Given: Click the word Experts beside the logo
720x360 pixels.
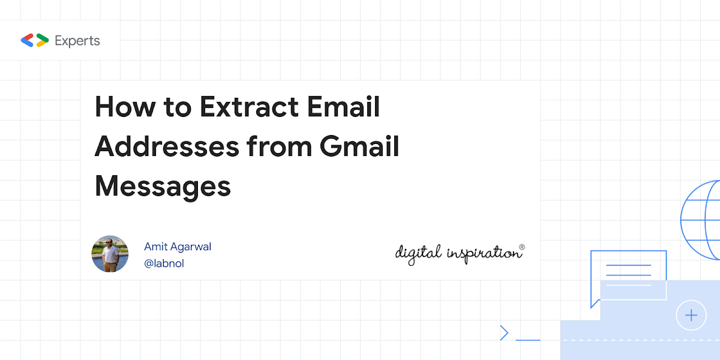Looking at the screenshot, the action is click(x=77, y=41).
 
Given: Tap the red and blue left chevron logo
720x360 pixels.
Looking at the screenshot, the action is click(x=28, y=40).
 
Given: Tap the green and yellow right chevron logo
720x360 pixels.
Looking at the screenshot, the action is click(x=43, y=40).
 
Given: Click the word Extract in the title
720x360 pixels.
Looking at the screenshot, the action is click(x=249, y=107).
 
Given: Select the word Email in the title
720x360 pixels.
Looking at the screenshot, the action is click(x=343, y=106).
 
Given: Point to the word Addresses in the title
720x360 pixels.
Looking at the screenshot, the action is click(x=167, y=146).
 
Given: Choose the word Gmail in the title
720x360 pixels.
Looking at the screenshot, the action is click(x=359, y=146).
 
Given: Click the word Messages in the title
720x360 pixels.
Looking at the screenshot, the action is click(x=163, y=187).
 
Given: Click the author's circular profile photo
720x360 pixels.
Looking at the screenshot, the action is click(x=110, y=254).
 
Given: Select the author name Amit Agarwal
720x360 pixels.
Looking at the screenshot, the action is click(x=178, y=247).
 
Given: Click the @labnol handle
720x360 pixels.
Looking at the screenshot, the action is click(x=164, y=263).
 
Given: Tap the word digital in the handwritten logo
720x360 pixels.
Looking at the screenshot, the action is click(x=418, y=254).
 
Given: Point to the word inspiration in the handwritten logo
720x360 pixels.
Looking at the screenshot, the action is click(x=483, y=254).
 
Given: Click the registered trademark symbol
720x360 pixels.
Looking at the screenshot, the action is click(x=522, y=247).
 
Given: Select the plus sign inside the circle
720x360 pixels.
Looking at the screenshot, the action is click(x=691, y=316).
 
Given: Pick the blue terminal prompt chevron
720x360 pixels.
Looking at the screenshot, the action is click(x=505, y=332).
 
